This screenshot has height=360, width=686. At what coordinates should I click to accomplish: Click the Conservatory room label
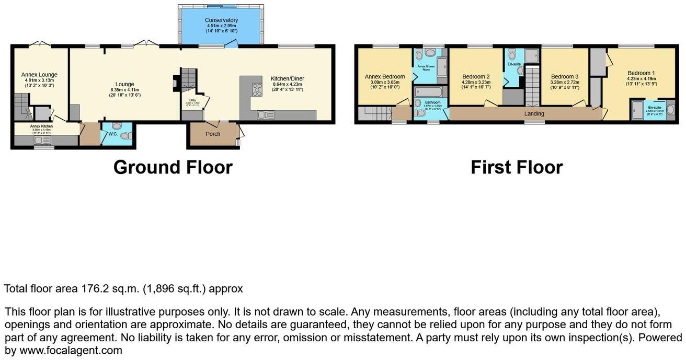pyautogui.click(x=221, y=20)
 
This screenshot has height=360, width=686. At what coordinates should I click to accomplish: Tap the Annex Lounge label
pyautogui.click(x=39, y=75)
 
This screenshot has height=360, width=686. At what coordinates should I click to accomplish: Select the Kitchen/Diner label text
pyautogui.click(x=287, y=79)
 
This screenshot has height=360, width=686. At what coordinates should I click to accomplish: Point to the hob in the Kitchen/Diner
pyautogui.click(x=257, y=89)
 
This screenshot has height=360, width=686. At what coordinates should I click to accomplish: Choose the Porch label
pyautogui.click(x=213, y=134)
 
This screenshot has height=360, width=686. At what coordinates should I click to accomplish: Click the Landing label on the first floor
pyautogui.click(x=534, y=114)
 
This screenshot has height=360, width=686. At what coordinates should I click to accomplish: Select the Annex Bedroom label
pyautogui.click(x=384, y=77)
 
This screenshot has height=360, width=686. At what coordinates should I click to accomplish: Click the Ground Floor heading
pyautogui.click(x=173, y=167)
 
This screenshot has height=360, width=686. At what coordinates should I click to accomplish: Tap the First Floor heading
pyautogui.click(x=516, y=167)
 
